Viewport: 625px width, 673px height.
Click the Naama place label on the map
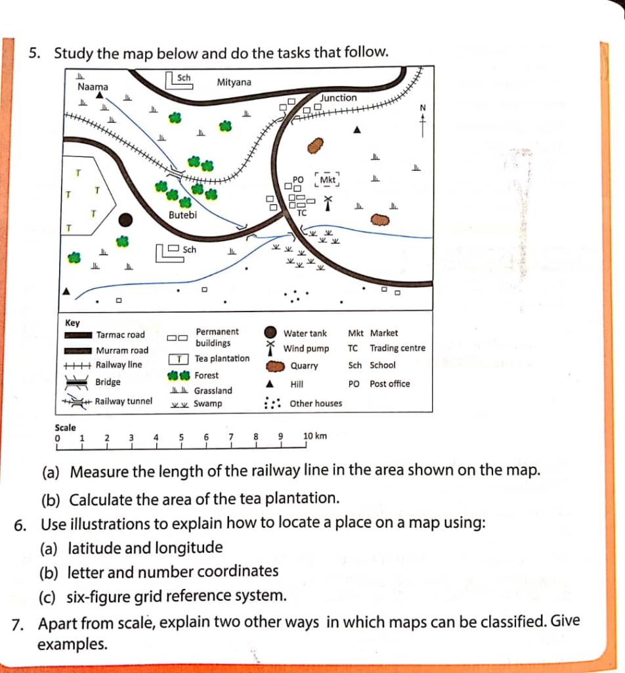click(93, 87)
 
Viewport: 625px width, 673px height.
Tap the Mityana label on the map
click(234, 82)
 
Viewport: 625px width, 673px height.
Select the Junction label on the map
click(338, 98)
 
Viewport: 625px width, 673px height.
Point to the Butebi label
click(183, 215)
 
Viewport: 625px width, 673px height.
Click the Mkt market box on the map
click(328, 179)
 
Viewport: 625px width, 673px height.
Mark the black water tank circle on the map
click(125, 220)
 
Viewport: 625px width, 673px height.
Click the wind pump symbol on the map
click(328, 203)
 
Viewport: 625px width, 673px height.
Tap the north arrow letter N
click(423, 108)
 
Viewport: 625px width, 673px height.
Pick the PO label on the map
click(298, 179)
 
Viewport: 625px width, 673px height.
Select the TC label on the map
click(302, 213)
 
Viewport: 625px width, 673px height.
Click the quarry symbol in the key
click(275, 366)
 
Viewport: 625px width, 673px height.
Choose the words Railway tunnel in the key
click(123, 401)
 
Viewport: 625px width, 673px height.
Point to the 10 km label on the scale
click(315, 436)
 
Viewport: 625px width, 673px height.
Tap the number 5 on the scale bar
click(181, 437)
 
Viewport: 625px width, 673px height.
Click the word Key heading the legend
click(72, 323)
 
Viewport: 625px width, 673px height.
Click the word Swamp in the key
click(208, 404)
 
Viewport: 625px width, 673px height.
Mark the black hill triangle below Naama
click(100, 95)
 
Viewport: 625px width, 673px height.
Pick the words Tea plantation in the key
click(222, 358)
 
